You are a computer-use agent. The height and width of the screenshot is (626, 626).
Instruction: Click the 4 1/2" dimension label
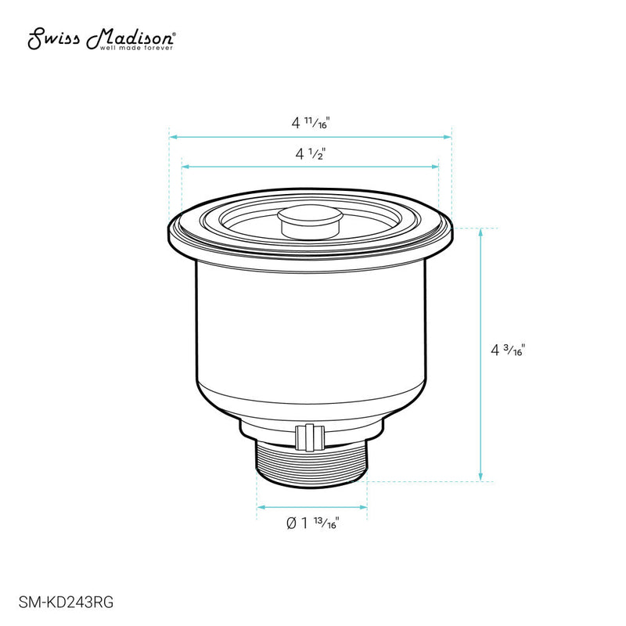[x=311, y=155]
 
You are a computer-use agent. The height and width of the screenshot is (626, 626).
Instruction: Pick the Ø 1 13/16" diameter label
[x=312, y=523]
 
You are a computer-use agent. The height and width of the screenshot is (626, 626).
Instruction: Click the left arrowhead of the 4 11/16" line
[x=173, y=137]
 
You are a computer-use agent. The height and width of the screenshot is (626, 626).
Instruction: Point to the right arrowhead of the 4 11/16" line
[x=449, y=137]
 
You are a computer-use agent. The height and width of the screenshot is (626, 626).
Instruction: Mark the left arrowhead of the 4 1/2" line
[x=185, y=167]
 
